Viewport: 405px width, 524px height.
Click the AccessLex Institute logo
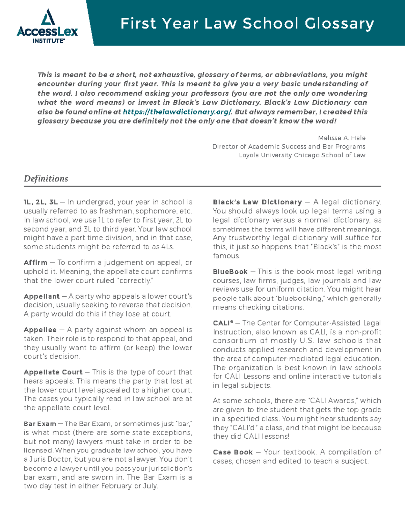47,27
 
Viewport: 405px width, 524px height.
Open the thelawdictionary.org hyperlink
177,112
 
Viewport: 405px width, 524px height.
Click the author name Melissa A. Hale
342,138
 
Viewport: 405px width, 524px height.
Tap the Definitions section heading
46,178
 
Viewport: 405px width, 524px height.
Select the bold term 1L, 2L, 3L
40,202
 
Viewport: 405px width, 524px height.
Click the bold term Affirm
35,263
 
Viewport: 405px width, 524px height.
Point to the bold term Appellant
42,296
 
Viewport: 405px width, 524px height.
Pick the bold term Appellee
40,330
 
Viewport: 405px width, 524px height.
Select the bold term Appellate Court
53,372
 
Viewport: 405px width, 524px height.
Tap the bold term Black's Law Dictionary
257,202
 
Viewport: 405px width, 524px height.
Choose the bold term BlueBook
230,272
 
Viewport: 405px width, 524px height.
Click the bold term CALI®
223,323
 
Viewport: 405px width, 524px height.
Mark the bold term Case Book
233,452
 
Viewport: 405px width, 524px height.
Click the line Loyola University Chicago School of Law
302,155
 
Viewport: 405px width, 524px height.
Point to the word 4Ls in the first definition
167,247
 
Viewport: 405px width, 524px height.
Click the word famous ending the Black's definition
226,256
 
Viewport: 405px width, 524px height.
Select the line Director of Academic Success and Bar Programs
289,146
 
